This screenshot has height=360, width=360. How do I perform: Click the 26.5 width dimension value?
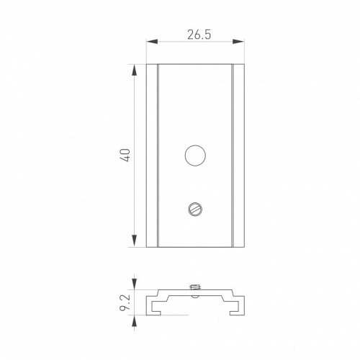(199, 35)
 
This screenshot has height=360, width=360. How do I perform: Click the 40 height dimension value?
(126, 156)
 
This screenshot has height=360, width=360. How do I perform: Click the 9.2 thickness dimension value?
(125, 302)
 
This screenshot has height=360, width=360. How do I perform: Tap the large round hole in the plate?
(195, 156)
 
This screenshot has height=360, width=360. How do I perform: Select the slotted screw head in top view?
(195, 209)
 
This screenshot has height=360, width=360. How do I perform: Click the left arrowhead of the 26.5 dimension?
(152, 42)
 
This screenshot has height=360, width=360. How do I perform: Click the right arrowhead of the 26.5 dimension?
(238, 42)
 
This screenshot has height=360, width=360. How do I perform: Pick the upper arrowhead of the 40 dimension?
(135, 71)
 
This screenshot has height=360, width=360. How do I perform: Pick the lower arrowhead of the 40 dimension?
(135, 241)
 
